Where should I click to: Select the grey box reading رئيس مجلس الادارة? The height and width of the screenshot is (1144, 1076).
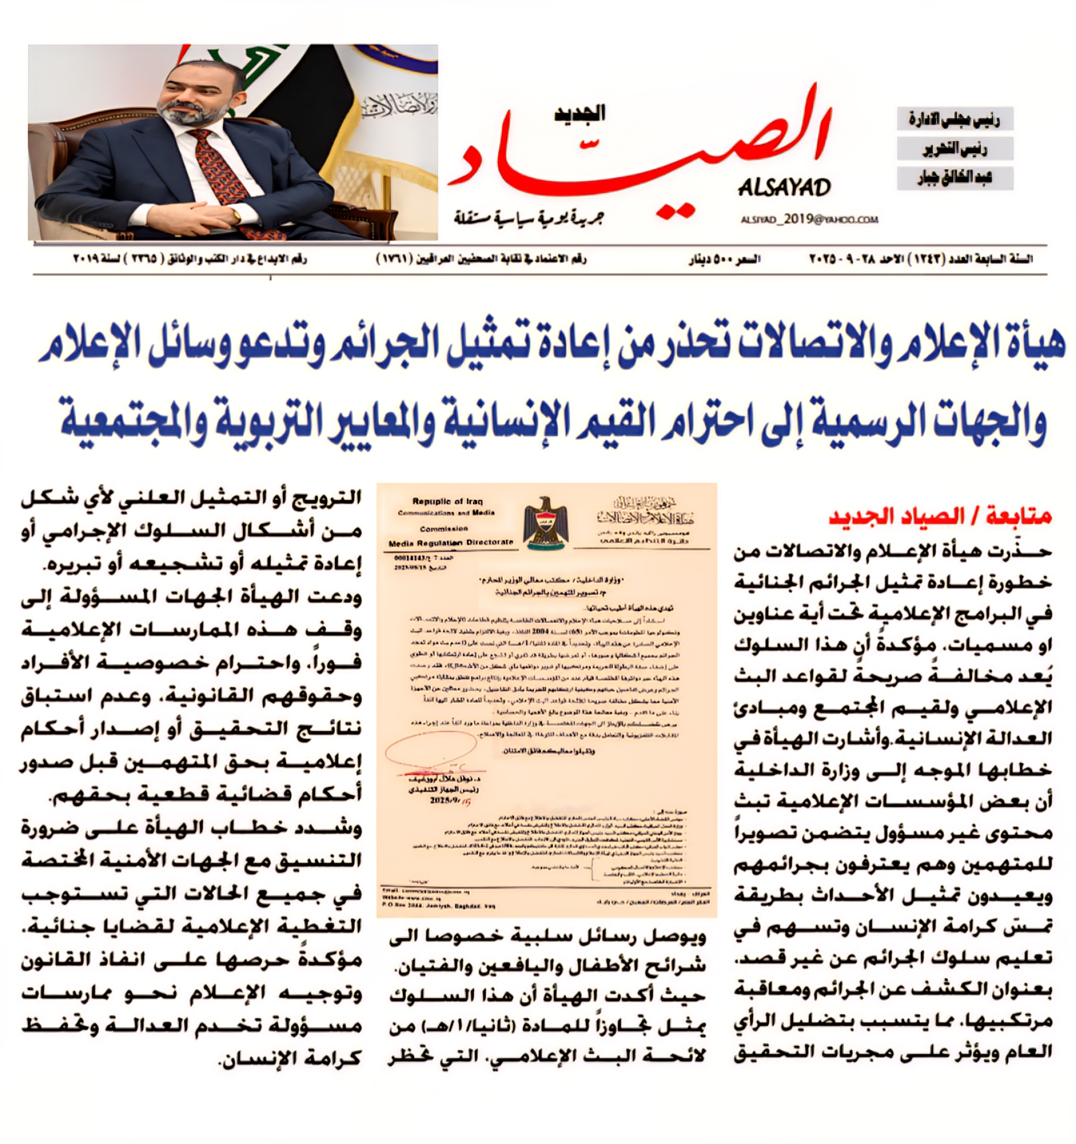click(x=954, y=119)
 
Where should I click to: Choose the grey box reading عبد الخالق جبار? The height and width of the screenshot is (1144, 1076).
click(x=954, y=178)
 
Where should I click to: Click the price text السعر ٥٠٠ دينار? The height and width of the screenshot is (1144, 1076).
click(x=724, y=259)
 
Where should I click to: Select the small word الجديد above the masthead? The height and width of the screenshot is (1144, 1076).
click(x=580, y=113)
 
